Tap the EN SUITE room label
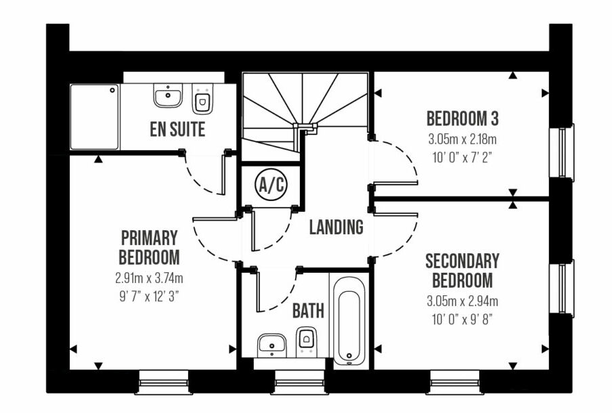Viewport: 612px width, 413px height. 177,129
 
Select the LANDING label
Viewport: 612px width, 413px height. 336,227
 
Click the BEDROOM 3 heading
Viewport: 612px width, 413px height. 462,118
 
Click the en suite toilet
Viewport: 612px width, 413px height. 202,99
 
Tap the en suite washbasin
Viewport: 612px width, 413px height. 168,95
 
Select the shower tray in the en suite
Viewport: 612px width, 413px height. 95,116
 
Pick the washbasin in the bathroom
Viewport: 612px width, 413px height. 272,345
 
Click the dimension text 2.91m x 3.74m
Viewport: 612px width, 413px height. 149,278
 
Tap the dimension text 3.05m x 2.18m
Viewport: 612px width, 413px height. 462,139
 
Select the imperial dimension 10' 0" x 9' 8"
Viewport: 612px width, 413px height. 462,320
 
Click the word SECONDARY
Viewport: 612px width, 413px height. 462,261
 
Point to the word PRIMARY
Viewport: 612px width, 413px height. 149,238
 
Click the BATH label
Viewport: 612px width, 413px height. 308,311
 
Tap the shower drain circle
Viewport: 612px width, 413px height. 113,90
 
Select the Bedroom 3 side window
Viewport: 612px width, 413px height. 562,152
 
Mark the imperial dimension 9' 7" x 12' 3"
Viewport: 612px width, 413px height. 149,297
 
